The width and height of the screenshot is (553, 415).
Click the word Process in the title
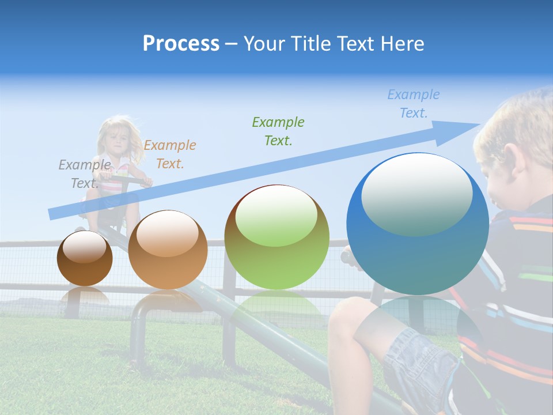[181, 44]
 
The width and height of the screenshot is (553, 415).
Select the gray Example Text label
[84, 174]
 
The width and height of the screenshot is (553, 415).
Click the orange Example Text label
[169, 154]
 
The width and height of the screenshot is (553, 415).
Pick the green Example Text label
[278, 131]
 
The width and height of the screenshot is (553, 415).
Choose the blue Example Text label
[414, 104]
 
